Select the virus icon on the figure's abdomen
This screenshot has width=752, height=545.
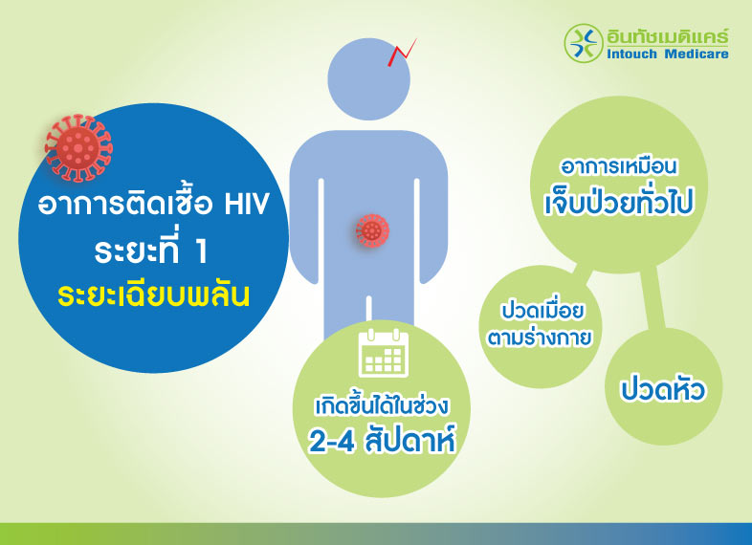point(372,229)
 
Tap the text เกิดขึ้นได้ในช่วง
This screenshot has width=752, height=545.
point(383,404)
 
